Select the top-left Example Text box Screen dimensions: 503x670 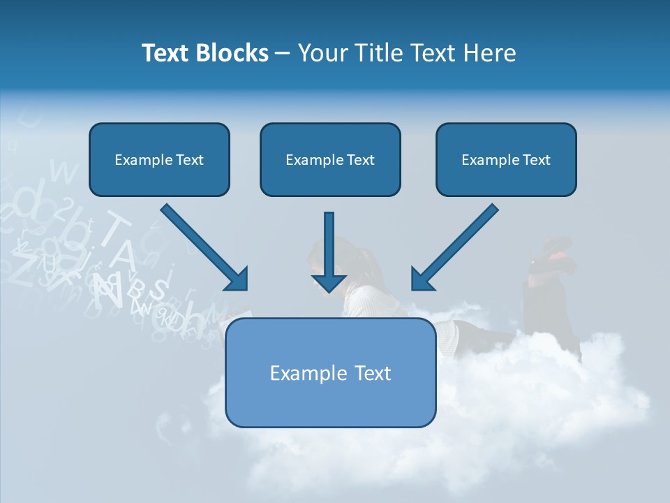[x=159, y=159]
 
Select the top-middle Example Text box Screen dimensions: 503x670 [x=330, y=159]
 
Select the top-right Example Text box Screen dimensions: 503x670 [x=506, y=159]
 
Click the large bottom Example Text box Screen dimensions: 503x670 [x=330, y=372]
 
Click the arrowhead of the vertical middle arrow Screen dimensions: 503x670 [x=329, y=283]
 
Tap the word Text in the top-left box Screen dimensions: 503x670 [x=189, y=159]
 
